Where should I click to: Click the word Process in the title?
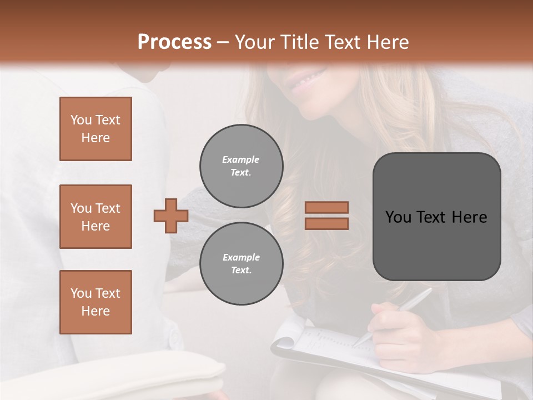pyautogui.click(x=174, y=42)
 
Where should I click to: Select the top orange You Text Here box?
pyautogui.click(x=95, y=129)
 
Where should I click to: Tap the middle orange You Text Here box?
pyautogui.click(x=95, y=217)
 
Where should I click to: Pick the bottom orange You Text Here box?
pyautogui.click(x=95, y=302)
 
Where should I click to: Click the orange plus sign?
pyautogui.click(x=171, y=216)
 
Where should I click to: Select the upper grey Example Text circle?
pyautogui.click(x=241, y=166)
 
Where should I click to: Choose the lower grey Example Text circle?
pyautogui.click(x=241, y=264)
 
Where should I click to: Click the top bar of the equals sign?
pyautogui.click(x=326, y=207)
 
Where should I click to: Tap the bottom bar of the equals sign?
pyautogui.click(x=326, y=223)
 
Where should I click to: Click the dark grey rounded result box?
pyautogui.click(x=436, y=217)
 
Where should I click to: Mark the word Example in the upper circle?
pyautogui.click(x=241, y=159)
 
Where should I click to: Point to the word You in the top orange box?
pyautogui.click(x=81, y=120)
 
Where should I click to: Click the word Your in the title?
pyautogui.click(x=254, y=42)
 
